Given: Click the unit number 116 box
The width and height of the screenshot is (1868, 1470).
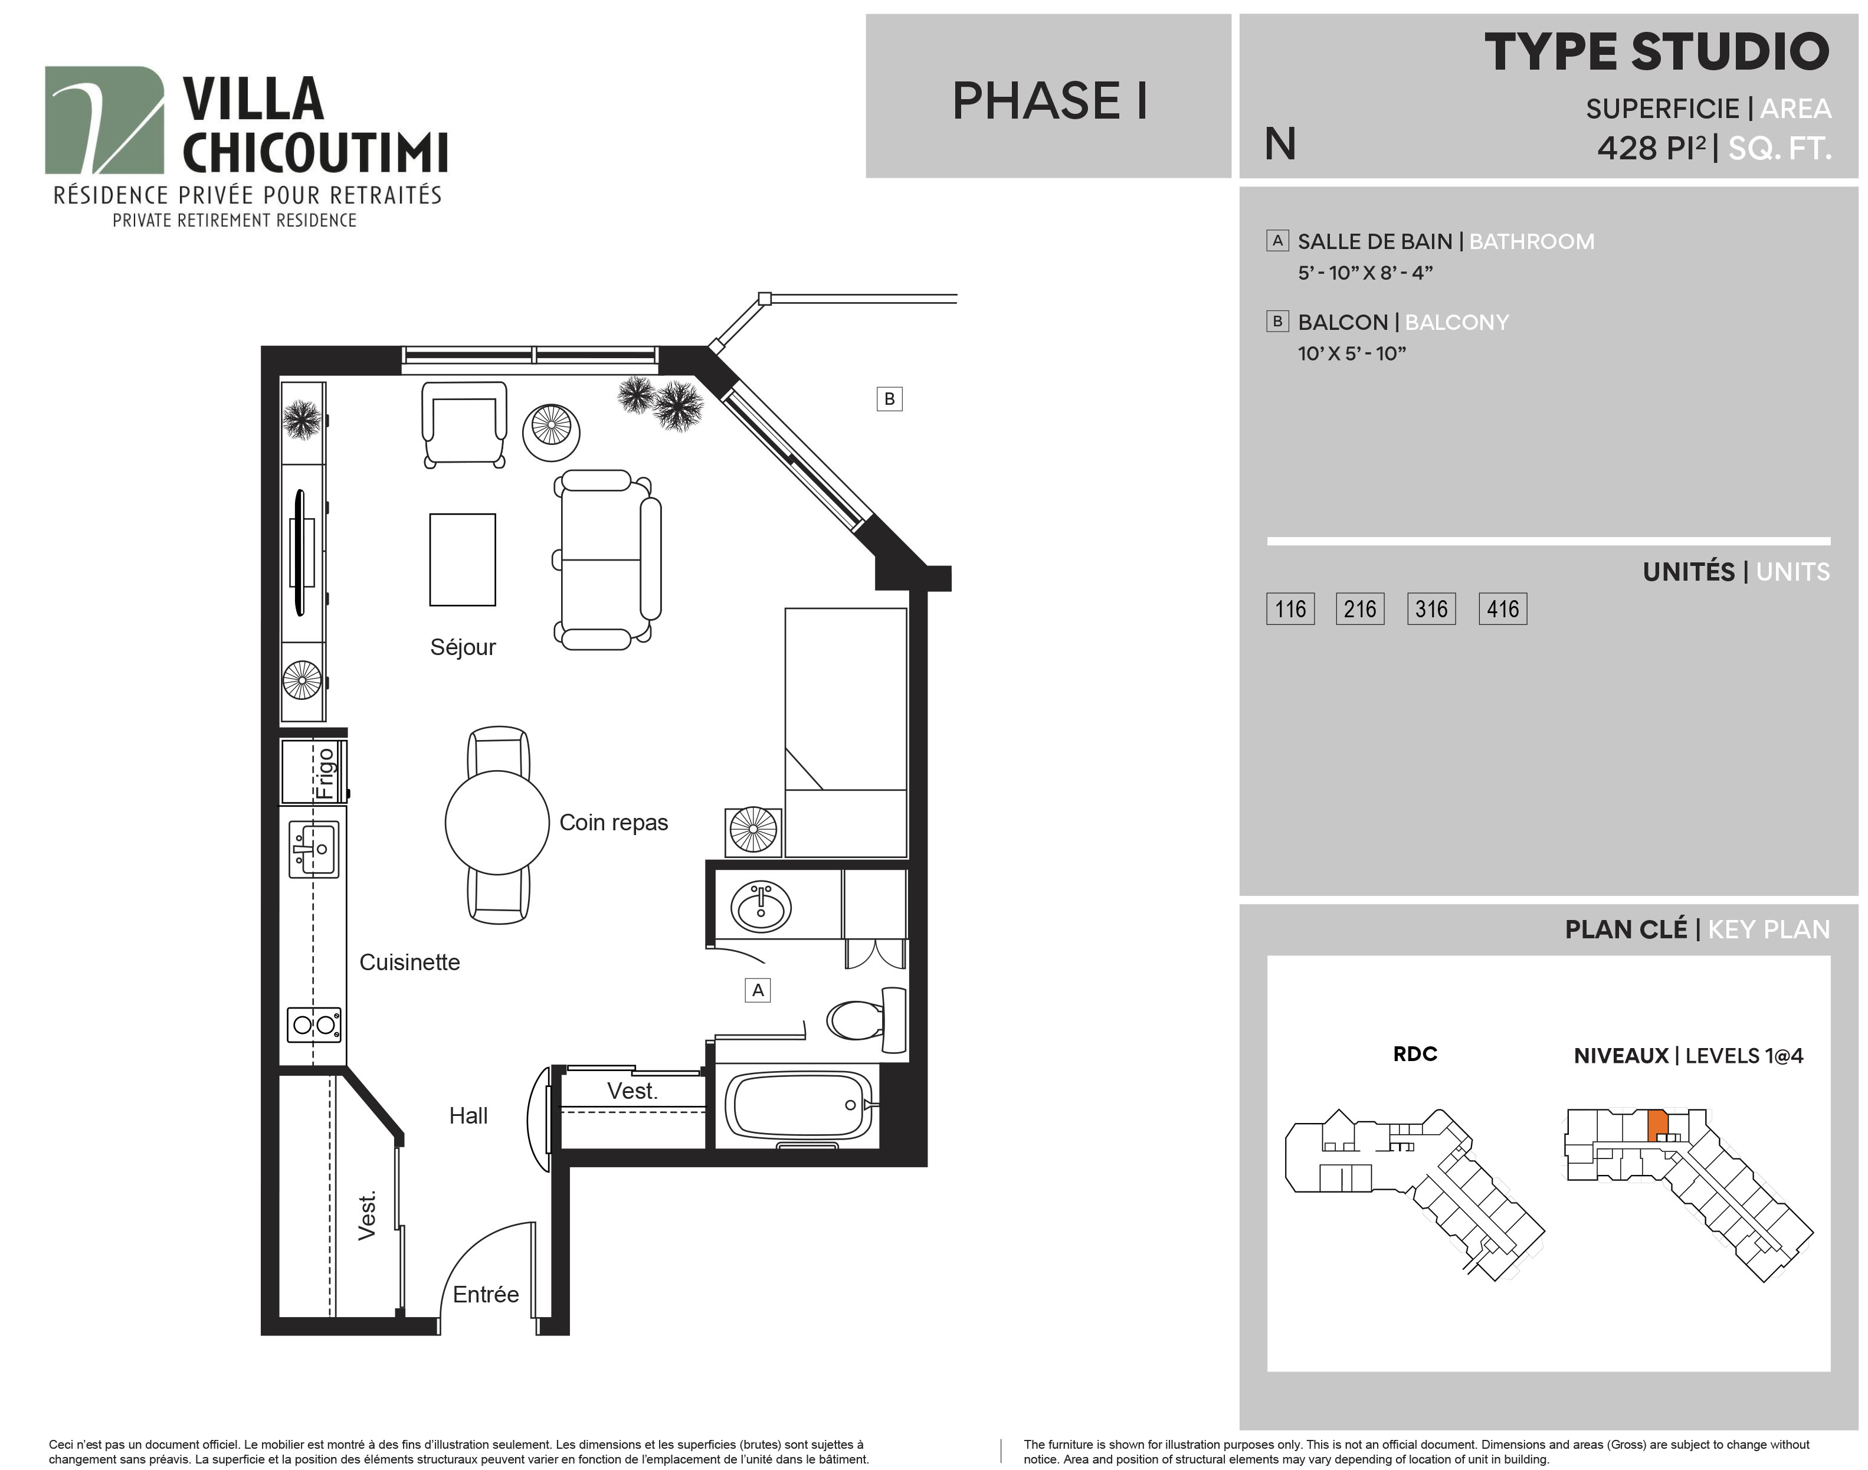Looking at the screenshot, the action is pos(1290,610).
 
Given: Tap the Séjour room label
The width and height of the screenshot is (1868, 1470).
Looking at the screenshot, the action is pos(463,647).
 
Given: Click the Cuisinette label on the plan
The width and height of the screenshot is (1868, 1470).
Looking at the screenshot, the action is pos(409,962).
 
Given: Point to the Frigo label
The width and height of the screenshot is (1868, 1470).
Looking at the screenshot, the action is pos(325,774).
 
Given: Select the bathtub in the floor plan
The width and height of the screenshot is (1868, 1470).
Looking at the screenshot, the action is pos(799,1106).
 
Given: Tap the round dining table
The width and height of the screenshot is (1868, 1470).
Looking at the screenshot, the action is pos(497,823).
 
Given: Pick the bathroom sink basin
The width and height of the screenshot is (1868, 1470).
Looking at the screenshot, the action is pos(761,907).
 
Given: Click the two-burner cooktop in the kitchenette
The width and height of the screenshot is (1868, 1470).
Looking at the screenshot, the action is pos(314,1024).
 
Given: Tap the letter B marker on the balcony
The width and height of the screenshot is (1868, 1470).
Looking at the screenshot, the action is pos(890,398).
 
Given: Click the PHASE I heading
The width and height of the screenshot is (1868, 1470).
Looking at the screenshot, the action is pos(1050,101).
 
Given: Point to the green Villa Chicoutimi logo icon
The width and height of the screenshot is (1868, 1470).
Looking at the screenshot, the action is pos(104,120).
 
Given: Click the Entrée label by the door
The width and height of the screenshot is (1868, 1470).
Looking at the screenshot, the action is pos(486,1294).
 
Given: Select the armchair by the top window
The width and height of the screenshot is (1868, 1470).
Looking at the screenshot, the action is pos(464,424).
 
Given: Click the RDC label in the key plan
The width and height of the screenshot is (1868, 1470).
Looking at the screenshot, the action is pos(1415,1053).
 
